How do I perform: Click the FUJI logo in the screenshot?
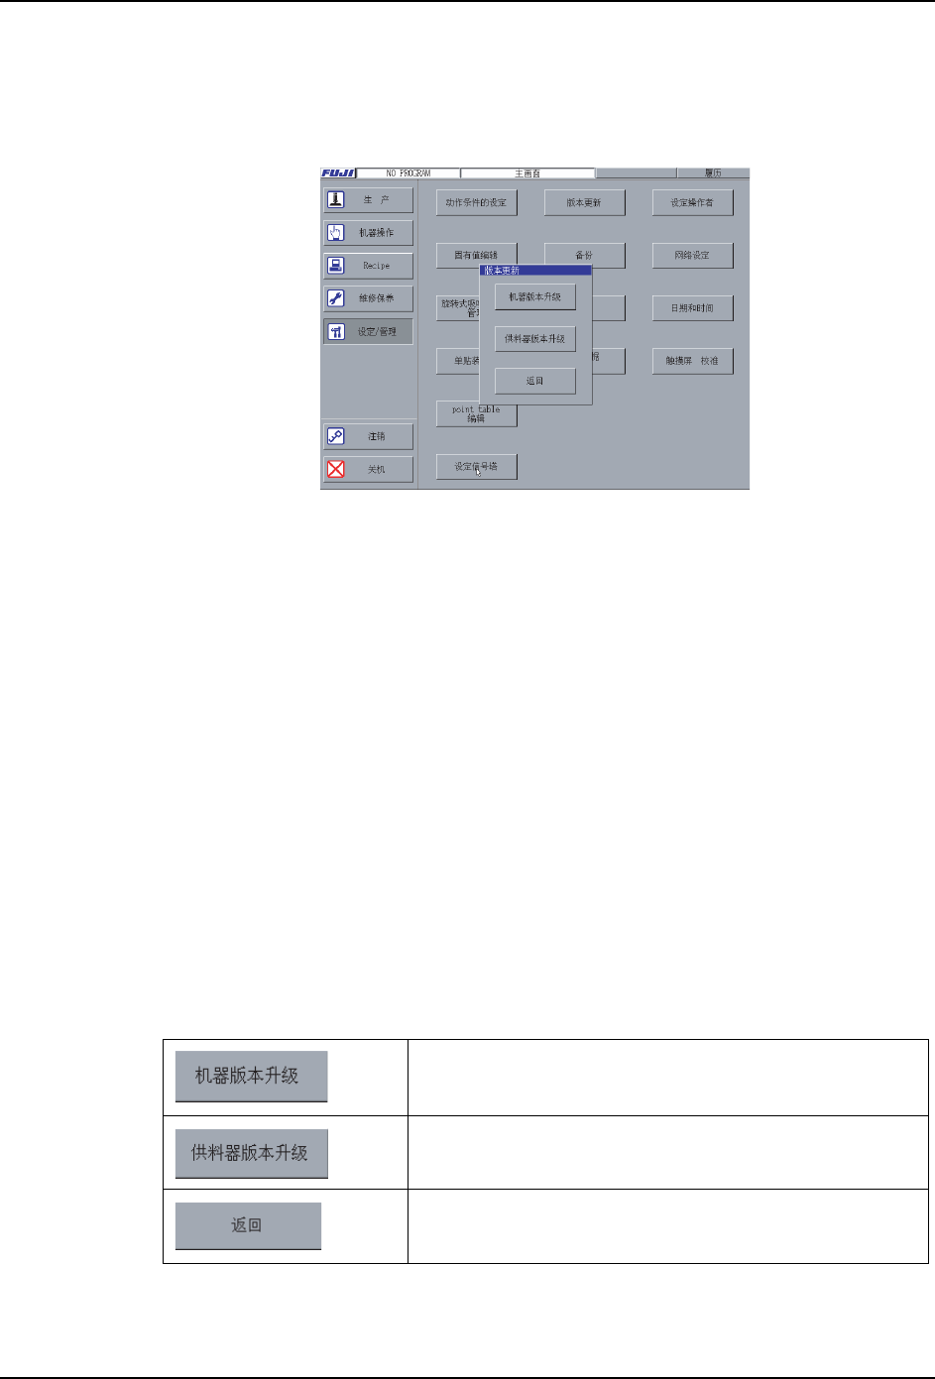(x=337, y=173)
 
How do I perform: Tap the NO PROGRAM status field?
(x=408, y=173)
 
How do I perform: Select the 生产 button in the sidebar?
(x=368, y=199)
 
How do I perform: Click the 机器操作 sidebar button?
(x=368, y=233)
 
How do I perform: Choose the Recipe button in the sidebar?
(x=368, y=266)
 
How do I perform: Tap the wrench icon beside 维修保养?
(x=336, y=298)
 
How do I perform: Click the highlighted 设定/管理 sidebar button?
(x=368, y=331)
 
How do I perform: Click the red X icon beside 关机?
(x=336, y=469)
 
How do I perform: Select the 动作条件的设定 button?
(x=476, y=202)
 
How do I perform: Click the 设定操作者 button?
(x=692, y=202)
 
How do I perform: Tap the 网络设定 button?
(x=692, y=255)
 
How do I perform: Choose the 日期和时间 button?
(x=692, y=308)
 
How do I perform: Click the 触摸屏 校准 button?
(x=692, y=361)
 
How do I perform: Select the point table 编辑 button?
(x=476, y=413)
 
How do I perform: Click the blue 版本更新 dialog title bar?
(x=535, y=270)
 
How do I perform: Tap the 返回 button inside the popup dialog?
(x=535, y=381)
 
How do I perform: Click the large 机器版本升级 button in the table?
(x=251, y=1076)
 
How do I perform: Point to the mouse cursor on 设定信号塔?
(x=477, y=470)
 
